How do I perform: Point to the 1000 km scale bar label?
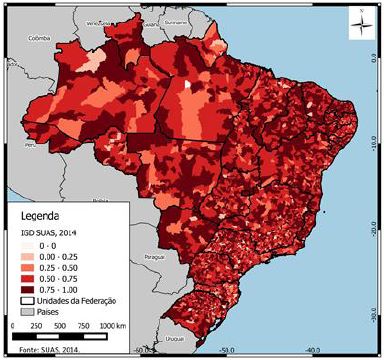point(114,326)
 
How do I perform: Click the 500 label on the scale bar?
point(61,326)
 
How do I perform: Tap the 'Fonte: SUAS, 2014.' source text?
point(40,350)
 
